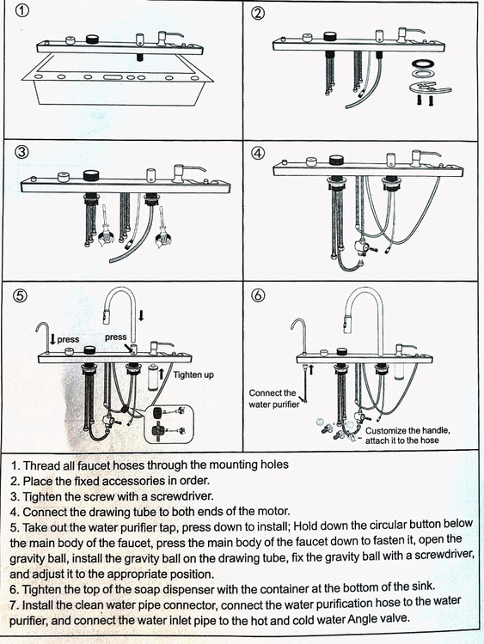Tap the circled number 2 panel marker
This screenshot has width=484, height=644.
[x=258, y=13]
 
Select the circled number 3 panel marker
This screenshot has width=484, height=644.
[x=22, y=152]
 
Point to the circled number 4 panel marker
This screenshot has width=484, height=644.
[x=258, y=153]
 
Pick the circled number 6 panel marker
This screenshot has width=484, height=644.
[x=258, y=295]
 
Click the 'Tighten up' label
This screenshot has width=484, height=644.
[x=193, y=375]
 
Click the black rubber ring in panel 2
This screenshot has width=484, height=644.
[x=424, y=64]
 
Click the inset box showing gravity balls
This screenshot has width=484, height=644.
[x=168, y=423]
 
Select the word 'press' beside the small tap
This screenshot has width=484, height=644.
[x=68, y=340]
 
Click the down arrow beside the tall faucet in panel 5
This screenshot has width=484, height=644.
[x=142, y=315]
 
